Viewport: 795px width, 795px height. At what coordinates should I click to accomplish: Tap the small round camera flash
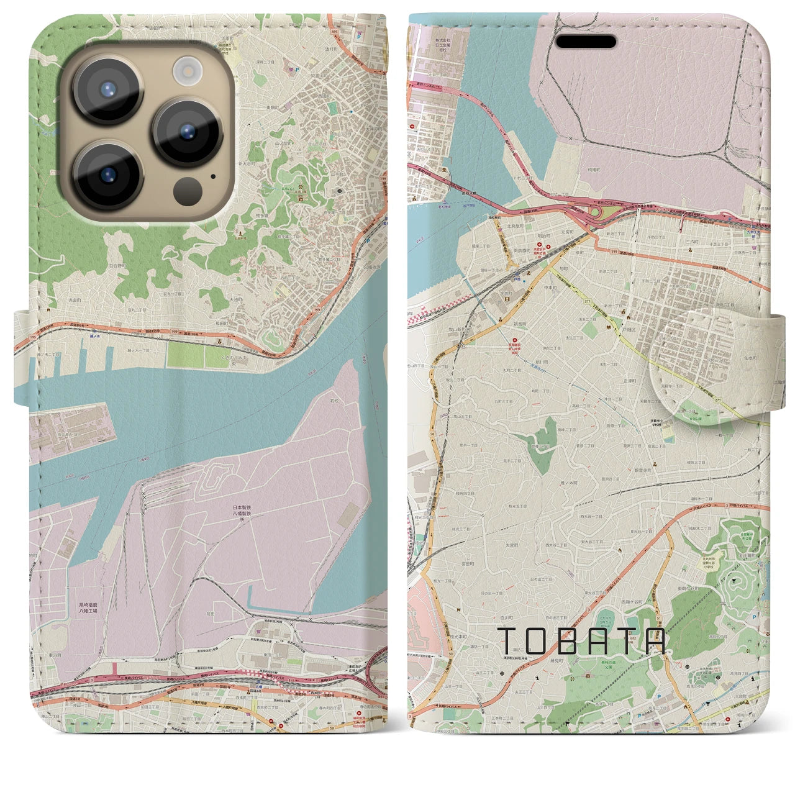point(186,71)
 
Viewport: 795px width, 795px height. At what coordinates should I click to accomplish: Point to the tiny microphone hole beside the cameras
point(213,176)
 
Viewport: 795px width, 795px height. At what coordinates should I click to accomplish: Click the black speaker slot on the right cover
point(586,42)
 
